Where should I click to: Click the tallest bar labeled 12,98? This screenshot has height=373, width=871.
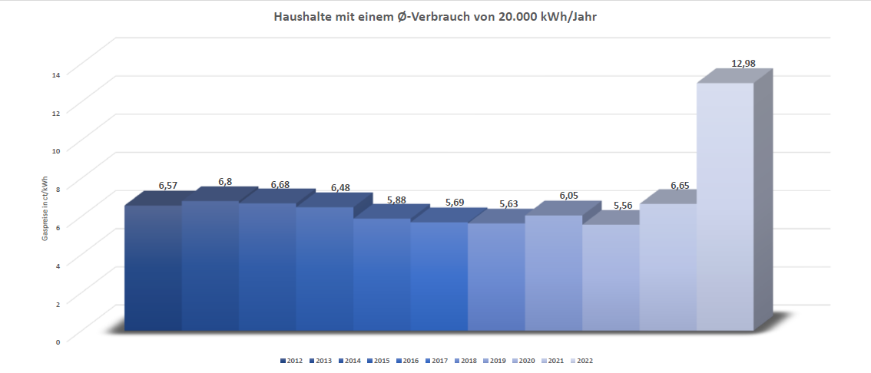coord(725,207)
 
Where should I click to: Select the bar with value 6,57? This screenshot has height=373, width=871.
coord(153,269)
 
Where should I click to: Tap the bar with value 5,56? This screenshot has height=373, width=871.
coord(611,278)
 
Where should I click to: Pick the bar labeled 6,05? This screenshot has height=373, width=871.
coord(554,273)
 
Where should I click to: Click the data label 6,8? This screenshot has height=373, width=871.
coord(225,182)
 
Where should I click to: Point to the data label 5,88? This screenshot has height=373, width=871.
coord(396,200)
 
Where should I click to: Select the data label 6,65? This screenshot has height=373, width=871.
coord(680,186)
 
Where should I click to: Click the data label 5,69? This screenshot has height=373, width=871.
coord(454,203)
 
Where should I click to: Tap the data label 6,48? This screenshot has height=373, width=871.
coord(339,188)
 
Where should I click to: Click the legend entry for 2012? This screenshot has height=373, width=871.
coord(290,360)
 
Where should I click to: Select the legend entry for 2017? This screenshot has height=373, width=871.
coord(436,360)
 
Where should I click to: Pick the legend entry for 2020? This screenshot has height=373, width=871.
coord(524,360)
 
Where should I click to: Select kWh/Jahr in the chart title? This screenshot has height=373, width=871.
coord(565,16)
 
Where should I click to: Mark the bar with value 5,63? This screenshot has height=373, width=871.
coord(496,277)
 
